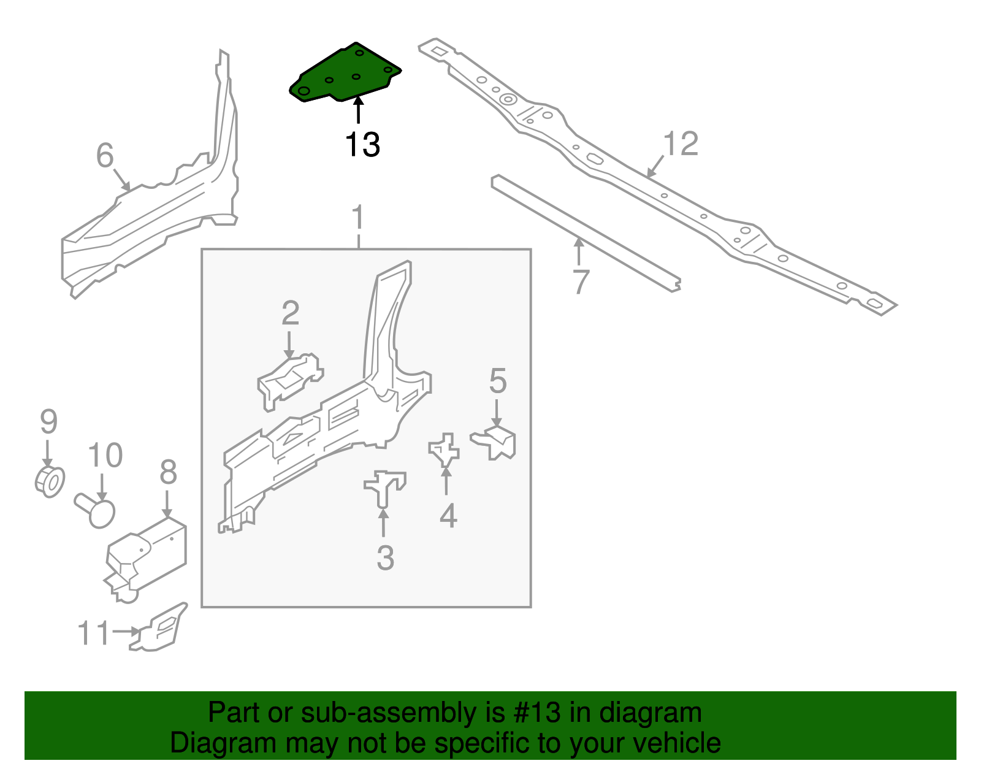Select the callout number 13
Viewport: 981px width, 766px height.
[x=362, y=145]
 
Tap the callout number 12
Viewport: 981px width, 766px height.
[x=681, y=144]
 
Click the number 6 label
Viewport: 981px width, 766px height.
[x=105, y=155]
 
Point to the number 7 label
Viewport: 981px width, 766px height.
[x=581, y=282]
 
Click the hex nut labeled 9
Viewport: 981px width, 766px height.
[x=50, y=481]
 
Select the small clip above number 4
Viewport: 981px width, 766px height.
[x=445, y=450]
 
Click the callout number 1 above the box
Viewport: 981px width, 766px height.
[x=358, y=218]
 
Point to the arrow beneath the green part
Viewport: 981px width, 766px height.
[x=358, y=112]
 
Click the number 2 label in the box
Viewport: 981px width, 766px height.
[x=290, y=313]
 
